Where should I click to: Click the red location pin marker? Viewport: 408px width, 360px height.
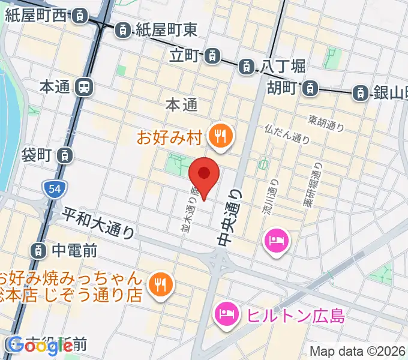point(204,175)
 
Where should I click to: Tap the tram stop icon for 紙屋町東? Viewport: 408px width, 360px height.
point(122,28)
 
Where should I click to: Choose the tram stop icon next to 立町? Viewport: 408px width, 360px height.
point(211,56)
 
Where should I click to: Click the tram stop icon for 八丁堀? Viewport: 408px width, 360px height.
point(247,67)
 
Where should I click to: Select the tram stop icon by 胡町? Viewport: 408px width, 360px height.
point(310,88)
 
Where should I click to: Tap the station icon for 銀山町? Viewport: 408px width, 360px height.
point(360,92)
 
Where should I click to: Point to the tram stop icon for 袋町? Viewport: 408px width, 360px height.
point(64,156)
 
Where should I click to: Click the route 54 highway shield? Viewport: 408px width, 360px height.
point(53,190)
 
